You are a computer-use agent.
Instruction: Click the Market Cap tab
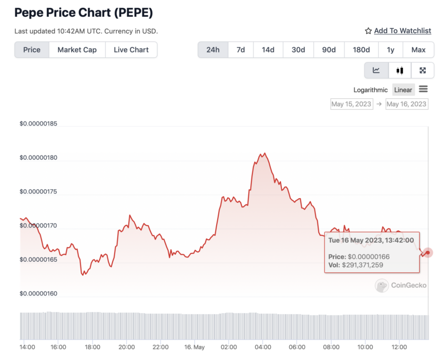[77, 50]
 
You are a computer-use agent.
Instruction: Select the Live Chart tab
[131, 50]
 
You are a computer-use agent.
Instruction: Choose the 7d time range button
[240, 50]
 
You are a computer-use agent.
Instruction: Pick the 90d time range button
[329, 50]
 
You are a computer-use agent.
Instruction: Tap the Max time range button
[419, 50]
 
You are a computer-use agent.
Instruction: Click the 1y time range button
[390, 50]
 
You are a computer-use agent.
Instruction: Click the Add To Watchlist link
[402, 31]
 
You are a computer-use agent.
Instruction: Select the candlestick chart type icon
[400, 70]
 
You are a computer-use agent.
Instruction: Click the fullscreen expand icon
[422, 70]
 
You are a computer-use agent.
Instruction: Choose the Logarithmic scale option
[370, 90]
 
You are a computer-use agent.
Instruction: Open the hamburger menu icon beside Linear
[423, 89]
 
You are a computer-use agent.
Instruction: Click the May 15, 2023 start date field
[351, 104]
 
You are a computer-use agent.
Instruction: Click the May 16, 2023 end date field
[407, 104]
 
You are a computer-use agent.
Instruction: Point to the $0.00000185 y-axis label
[38, 124]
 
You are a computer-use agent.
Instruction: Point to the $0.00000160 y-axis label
[38, 294]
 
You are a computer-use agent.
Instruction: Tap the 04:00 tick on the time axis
[263, 347]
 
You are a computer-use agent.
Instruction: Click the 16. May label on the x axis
[195, 347]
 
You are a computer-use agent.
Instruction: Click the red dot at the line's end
[428, 253]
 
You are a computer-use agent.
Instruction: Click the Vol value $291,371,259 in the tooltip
[362, 265]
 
